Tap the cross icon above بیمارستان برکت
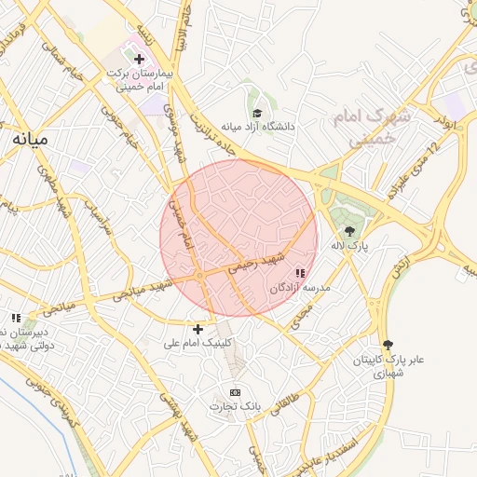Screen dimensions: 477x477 click(x=139, y=59)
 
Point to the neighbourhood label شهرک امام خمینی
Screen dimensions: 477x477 click(x=372, y=128)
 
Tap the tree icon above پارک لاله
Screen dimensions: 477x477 click(x=349, y=231)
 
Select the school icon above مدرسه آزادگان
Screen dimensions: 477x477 click(x=300, y=274)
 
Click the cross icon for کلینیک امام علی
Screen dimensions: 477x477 click(x=198, y=329)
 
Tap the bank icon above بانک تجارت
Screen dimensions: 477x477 click(x=235, y=391)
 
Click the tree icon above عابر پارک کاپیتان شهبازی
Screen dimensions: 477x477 click(x=388, y=344)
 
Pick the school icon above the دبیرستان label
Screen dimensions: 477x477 click(x=16, y=317)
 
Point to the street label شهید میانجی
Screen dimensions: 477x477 click(x=141, y=290)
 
